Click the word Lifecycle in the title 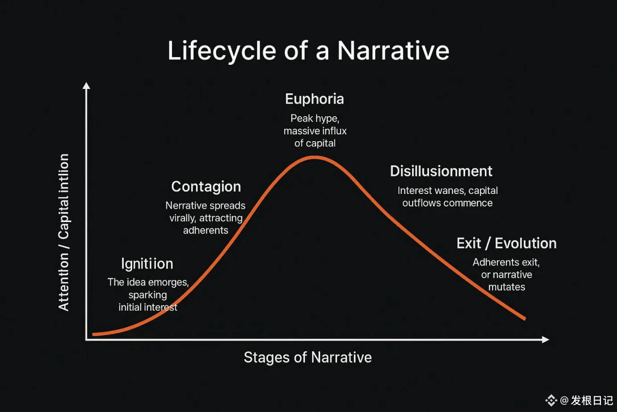click(222, 51)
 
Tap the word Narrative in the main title click(393, 50)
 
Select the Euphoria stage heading click(315, 99)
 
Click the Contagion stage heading click(206, 187)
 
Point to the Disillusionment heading click(441, 171)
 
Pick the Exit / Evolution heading click(507, 243)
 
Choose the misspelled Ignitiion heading click(147, 264)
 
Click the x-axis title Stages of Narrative click(308, 357)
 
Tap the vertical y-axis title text click(64, 232)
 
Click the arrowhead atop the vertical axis click(86, 86)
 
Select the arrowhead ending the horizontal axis click(546, 340)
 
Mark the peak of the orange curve click(314, 157)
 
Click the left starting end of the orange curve click(94, 334)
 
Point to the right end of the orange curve click(525, 319)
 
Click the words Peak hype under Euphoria click(315, 118)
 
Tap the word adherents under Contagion click(205, 230)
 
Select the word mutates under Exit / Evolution click(507, 287)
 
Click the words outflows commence click(447, 203)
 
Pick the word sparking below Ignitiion click(148, 295)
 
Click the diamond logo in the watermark click(551, 400)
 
